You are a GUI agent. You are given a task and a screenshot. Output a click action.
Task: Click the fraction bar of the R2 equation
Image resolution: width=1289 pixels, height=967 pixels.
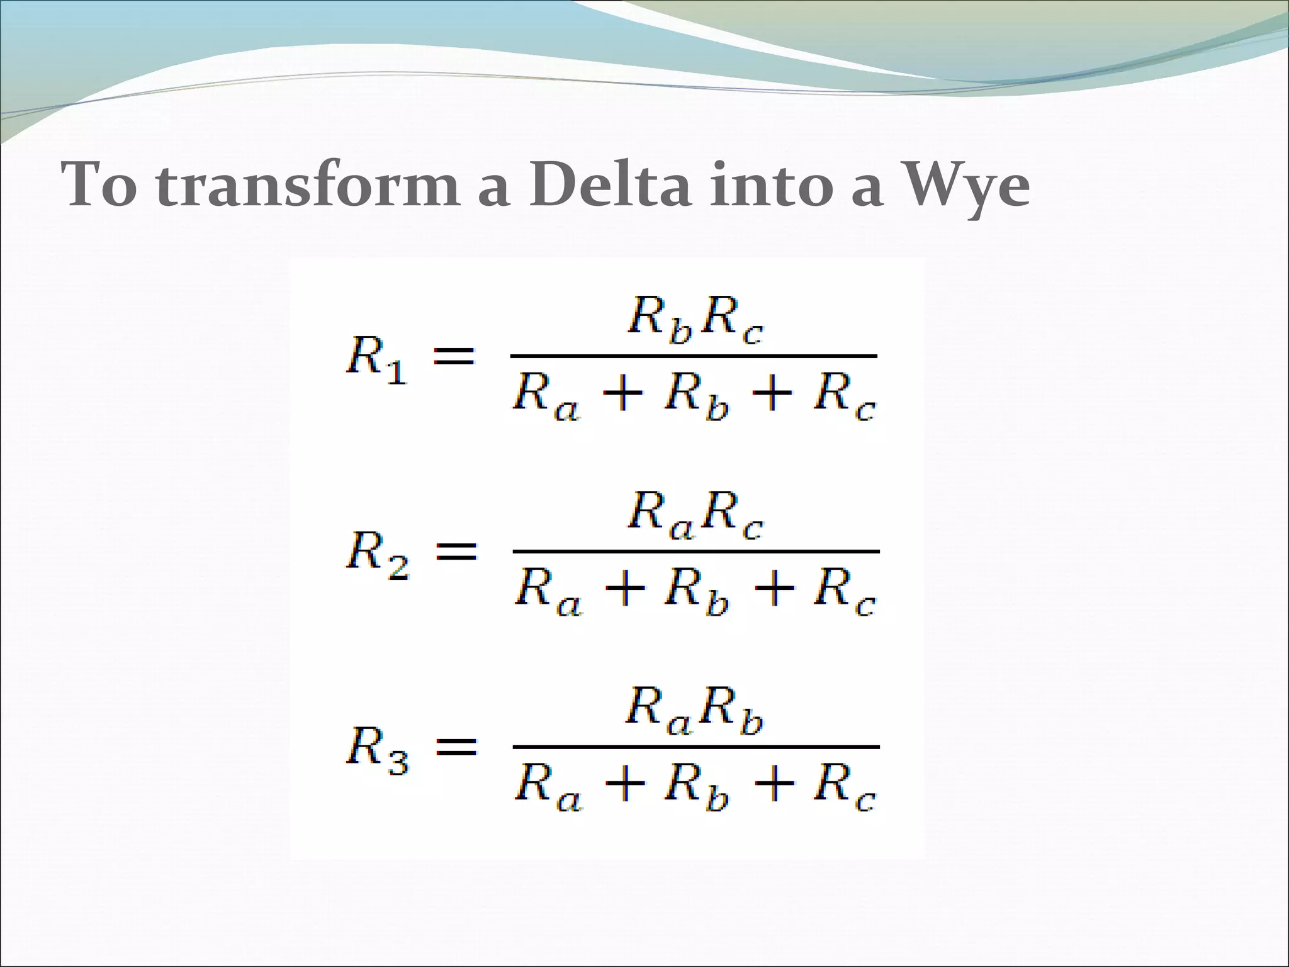point(695,551)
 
